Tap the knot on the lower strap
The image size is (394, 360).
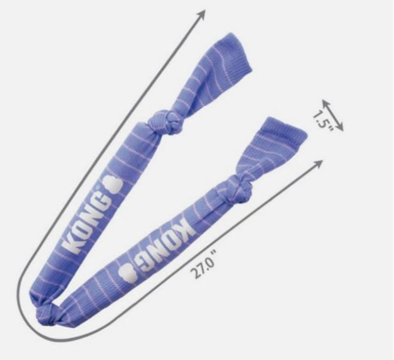[239, 187]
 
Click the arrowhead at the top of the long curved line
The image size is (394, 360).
[202, 14]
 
